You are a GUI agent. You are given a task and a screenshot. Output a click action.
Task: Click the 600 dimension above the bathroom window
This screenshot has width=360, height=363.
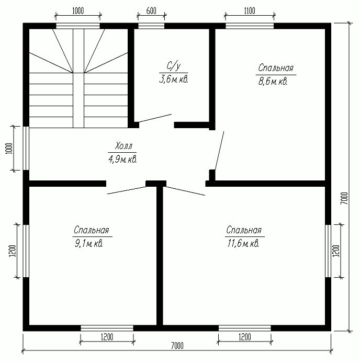click(x=151, y=11)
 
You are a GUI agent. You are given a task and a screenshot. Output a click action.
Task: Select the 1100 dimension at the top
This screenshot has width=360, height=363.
click(x=250, y=11)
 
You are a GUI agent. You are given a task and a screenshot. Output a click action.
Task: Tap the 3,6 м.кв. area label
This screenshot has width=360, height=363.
click(x=173, y=80)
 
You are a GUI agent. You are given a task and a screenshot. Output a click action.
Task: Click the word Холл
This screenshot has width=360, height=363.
click(x=123, y=146)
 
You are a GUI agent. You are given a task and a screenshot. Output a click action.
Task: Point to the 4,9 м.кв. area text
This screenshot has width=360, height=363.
click(x=122, y=160)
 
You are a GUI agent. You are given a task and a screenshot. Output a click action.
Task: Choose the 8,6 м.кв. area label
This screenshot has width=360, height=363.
click(x=273, y=82)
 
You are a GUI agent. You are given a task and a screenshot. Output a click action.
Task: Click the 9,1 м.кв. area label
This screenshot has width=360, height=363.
click(x=88, y=244)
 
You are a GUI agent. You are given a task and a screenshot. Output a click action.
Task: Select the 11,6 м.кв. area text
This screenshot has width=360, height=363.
click(x=243, y=244)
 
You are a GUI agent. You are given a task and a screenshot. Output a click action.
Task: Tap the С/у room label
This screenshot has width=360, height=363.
click(x=173, y=66)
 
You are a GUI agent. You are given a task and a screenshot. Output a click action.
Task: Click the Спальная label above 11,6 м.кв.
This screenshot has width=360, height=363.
click(x=244, y=230)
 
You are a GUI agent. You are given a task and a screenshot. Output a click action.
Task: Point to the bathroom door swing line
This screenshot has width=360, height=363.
click(x=155, y=118)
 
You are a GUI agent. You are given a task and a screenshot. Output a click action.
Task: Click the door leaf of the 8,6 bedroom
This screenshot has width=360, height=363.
click(x=219, y=151)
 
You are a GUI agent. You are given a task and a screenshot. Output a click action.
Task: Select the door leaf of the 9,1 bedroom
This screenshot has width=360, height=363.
click(x=127, y=190)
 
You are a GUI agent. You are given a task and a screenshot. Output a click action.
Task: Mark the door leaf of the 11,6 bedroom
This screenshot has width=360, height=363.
click(x=186, y=191)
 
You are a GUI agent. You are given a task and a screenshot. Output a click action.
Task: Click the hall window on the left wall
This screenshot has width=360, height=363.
click(x=26, y=148)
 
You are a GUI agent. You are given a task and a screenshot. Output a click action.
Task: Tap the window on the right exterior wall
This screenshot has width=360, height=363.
click(x=328, y=251)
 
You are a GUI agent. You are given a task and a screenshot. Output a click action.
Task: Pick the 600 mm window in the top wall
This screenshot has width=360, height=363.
click(x=151, y=26)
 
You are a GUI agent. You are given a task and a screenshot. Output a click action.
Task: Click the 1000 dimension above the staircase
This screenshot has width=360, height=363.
click(x=78, y=11)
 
